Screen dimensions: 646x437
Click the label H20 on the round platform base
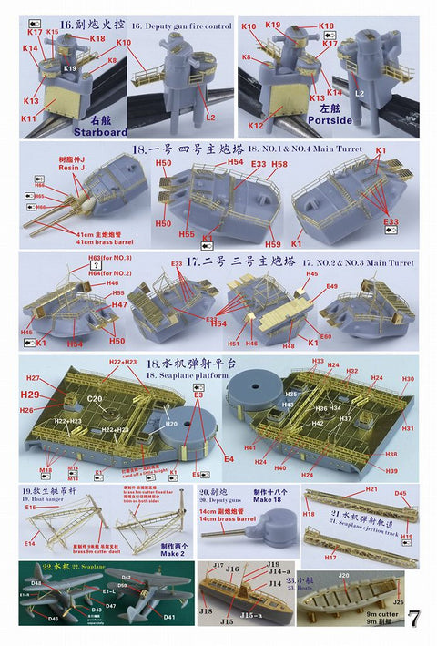tap(170, 424)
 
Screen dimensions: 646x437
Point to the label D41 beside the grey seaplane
tap(169, 617)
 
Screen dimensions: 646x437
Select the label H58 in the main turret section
tap(279, 164)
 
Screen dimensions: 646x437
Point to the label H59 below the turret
tap(273, 243)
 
